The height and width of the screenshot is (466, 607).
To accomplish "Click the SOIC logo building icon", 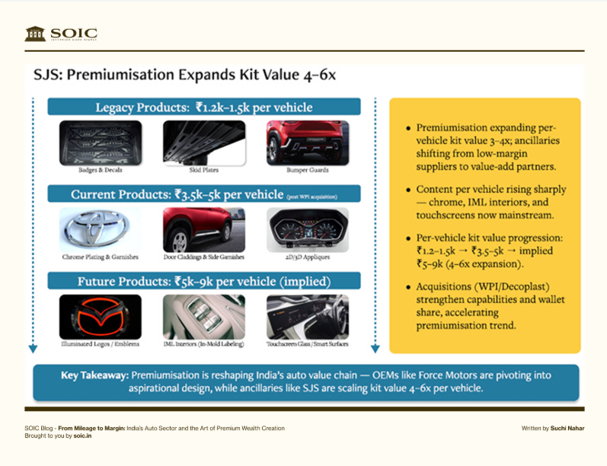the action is [35, 34].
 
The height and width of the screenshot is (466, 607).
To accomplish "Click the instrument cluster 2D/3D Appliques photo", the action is [308, 229].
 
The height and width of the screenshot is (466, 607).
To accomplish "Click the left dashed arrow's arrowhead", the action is [33, 349].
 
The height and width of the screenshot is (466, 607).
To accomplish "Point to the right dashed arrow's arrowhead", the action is [375, 349].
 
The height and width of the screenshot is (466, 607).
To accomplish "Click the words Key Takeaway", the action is [94, 376].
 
